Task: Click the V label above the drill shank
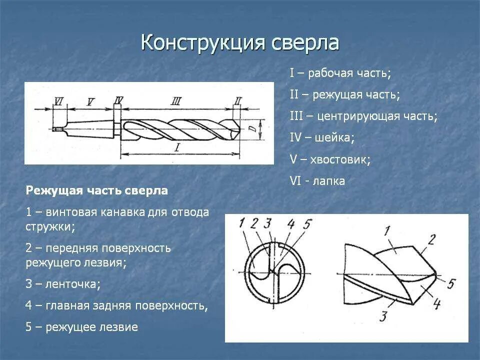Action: coord(90,102)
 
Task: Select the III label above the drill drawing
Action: coord(175,101)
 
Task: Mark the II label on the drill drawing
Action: coord(237,101)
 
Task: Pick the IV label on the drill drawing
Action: coord(118,101)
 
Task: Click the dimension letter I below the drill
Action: coord(177,147)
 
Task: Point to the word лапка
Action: coord(328,181)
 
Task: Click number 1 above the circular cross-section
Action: coord(243,222)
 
